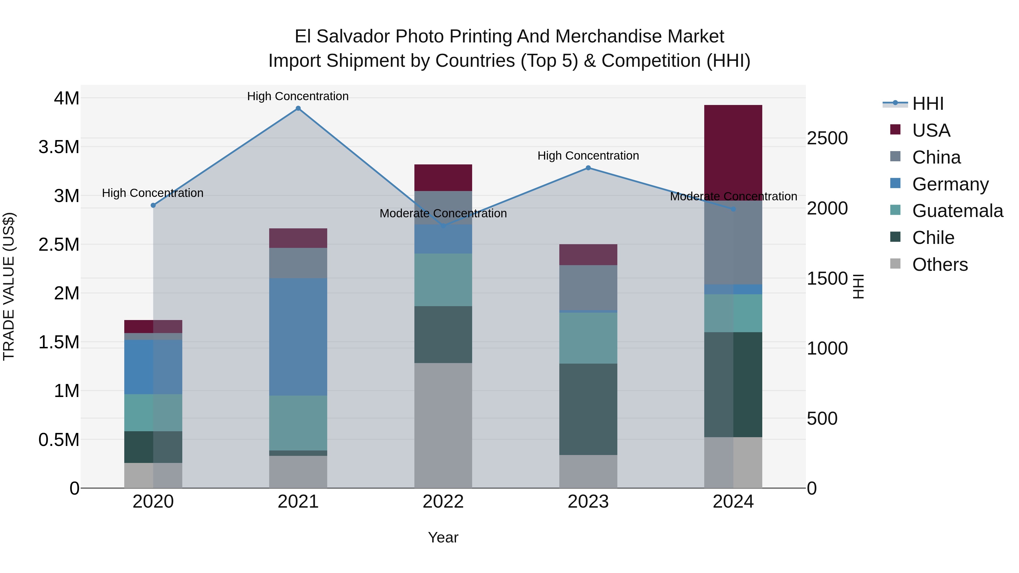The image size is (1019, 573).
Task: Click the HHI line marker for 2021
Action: (298, 108)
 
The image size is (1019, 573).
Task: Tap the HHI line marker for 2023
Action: (588, 168)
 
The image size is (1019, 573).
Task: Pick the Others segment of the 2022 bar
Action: (443, 425)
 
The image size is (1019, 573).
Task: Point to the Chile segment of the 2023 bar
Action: (588, 409)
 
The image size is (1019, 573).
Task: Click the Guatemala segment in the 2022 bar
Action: (443, 280)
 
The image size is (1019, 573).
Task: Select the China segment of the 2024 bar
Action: (733, 242)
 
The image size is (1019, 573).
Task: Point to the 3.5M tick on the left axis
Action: (59, 147)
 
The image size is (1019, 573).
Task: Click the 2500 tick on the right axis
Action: (827, 138)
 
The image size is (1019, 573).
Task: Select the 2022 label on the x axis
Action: (443, 502)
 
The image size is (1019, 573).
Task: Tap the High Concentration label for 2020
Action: (153, 193)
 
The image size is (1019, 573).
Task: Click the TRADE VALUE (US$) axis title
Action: (9, 286)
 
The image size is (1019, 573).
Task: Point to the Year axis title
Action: (443, 537)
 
